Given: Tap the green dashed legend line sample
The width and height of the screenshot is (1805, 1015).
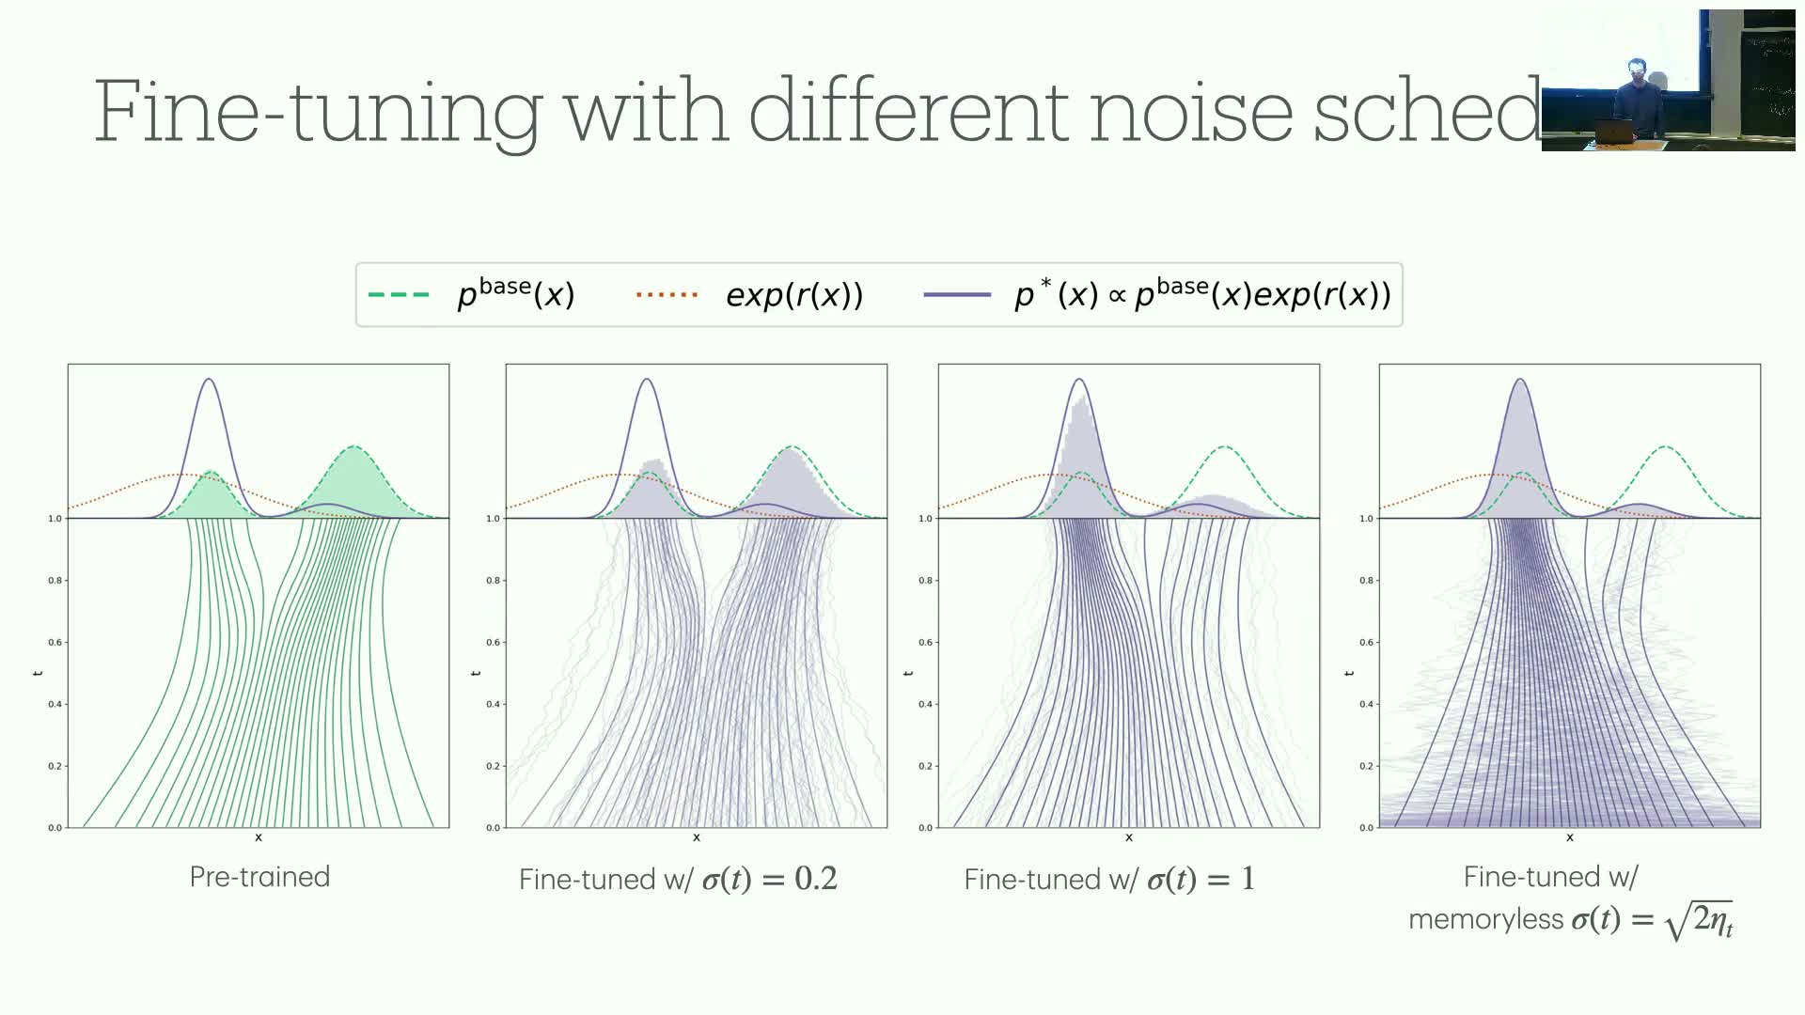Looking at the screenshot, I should (x=399, y=295).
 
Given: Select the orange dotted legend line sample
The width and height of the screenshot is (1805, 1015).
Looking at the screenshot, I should (x=667, y=295).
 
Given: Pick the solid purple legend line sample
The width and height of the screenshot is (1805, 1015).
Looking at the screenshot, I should (x=957, y=295).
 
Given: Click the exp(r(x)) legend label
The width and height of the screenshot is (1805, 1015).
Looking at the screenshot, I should (x=794, y=295).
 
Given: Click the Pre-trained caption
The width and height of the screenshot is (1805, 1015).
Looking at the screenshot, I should (x=259, y=877).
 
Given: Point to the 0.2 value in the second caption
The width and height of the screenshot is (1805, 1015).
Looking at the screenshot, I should (x=815, y=879).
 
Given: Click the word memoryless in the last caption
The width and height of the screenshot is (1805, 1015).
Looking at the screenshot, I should (x=1485, y=919).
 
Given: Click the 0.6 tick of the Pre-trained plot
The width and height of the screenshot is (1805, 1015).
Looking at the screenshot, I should (x=55, y=643).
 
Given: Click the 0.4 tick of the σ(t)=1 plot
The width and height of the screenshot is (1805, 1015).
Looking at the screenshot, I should (x=926, y=704).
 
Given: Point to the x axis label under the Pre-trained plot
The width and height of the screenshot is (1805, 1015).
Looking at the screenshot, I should (x=259, y=837).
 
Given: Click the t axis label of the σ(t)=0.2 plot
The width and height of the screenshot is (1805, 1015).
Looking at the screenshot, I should (x=476, y=673).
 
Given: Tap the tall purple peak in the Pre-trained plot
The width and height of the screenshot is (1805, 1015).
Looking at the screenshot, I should (x=209, y=382).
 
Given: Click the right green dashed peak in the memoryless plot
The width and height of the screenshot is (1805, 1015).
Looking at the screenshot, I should (x=1665, y=448).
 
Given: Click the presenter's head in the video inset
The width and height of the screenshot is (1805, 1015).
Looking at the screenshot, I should (x=1637, y=68).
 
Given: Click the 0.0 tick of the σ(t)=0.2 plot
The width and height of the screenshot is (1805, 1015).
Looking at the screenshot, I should (x=494, y=828).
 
